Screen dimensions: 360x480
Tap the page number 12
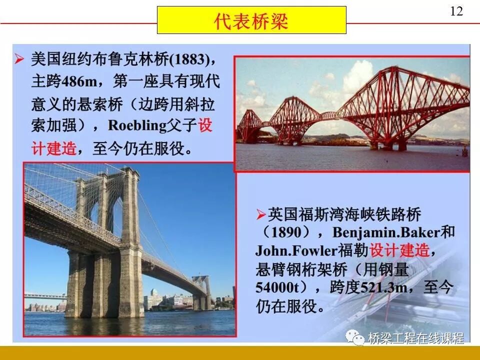pyautogui.click(x=456, y=11)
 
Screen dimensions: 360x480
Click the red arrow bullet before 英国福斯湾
pyautogui.click(x=260, y=215)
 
